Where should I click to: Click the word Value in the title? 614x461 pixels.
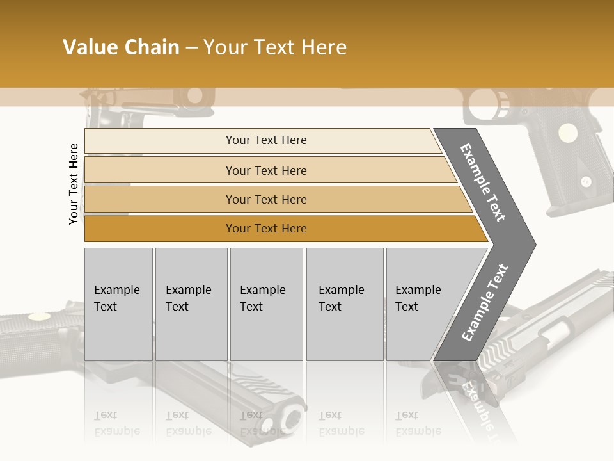click(x=89, y=47)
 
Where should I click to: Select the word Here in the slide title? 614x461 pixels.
click(x=323, y=47)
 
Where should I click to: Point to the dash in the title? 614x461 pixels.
click(x=191, y=47)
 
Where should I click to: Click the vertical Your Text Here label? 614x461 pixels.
click(x=74, y=184)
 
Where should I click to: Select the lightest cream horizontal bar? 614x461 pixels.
click(x=262, y=140)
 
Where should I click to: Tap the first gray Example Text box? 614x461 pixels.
click(x=118, y=304)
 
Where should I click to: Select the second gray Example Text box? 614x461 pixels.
click(x=191, y=304)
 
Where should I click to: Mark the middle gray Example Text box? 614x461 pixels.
click(x=266, y=304)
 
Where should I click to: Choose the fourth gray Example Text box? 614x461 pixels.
click(x=345, y=304)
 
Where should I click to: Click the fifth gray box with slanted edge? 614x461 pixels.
click(x=422, y=304)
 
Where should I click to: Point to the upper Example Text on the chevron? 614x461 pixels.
click(x=483, y=182)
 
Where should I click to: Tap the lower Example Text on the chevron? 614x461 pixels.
click(x=484, y=303)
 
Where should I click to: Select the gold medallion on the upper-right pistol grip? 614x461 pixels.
click(x=566, y=133)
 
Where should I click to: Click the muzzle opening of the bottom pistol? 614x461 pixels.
click(x=292, y=419)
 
